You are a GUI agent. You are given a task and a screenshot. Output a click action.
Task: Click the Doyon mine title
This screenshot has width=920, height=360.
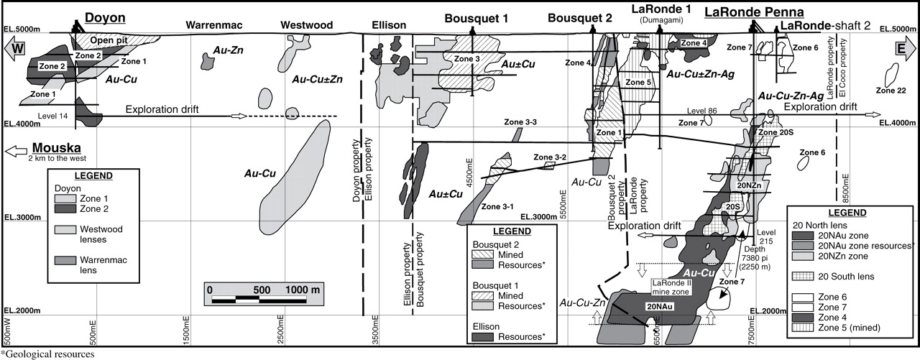[x=106, y=17]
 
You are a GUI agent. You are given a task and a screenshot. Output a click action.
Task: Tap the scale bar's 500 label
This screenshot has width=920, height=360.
[x=262, y=290]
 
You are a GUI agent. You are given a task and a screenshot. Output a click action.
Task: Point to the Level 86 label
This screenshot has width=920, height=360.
[x=701, y=111]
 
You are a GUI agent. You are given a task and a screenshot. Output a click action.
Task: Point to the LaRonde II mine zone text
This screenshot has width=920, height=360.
[x=675, y=287]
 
